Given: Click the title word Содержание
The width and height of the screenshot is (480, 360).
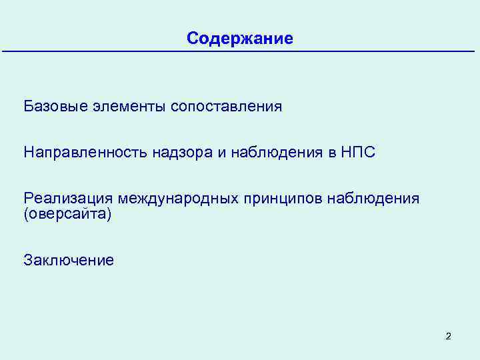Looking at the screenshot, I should (240, 38).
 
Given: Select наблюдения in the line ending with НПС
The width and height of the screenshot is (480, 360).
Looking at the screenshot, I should (276, 153).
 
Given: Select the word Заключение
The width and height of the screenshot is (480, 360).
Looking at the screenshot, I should (69, 259).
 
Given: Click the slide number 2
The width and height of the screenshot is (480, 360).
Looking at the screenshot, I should (448, 336).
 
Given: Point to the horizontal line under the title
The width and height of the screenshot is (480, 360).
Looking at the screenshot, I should (240, 52).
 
